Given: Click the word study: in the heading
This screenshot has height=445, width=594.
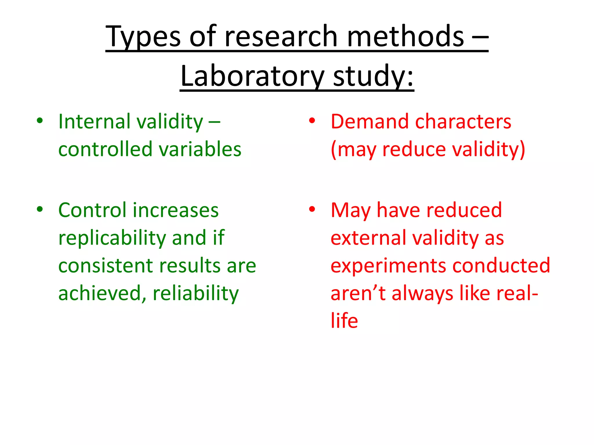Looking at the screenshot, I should pos(373,76).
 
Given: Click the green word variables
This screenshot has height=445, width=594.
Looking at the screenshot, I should pos(200,149).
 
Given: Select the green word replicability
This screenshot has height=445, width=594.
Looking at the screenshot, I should pos(112,238).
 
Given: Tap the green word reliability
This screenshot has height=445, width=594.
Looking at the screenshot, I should pos(196,293).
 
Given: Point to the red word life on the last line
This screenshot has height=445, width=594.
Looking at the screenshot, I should pos(344,321).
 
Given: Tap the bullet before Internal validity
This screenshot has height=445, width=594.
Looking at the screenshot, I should pos(40,121).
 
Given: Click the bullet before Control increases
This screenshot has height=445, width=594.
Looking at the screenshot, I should pos(40,209).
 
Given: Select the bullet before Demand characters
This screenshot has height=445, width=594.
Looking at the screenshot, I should pos(312,121).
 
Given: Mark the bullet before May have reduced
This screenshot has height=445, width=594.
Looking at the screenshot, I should pos(312,209).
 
